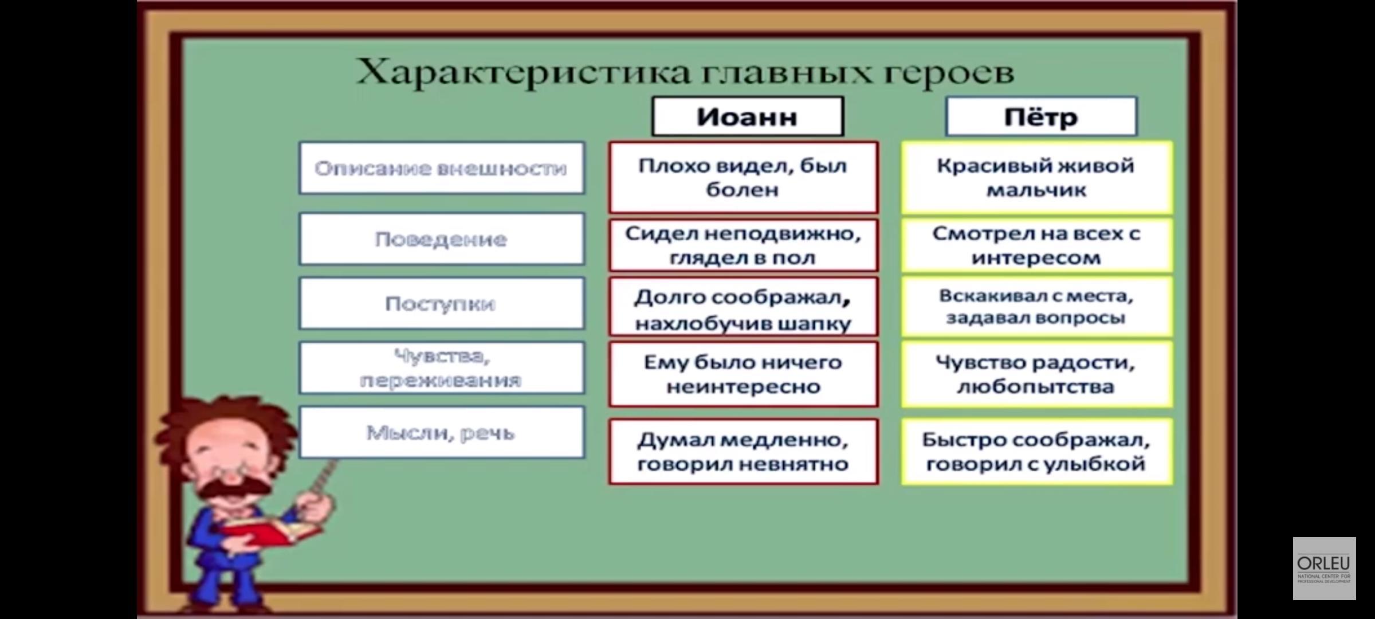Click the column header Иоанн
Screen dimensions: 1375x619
[x=747, y=117]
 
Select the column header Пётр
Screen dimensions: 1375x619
[x=1040, y=117]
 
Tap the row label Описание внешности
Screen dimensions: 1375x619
[x=441, y=169]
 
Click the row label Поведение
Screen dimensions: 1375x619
[x=441, y=239]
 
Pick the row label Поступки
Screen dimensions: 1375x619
[x=441, y=304]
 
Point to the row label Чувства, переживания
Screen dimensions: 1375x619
[x=441, y=368]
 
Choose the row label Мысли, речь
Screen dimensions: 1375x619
[x=441, y=433]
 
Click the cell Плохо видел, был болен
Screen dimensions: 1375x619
[x=743, y=178]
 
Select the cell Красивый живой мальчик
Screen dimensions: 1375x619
[x=1036, y=178]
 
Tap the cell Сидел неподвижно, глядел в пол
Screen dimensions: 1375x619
[x=743, y=245]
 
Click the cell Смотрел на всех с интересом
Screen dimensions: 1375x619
[x=1036, y=245]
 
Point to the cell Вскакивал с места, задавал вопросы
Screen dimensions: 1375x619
[x=1036, y=307]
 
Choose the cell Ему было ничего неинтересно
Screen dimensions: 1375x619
[x=743, y=374]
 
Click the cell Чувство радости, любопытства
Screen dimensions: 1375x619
[x=1036, y=374]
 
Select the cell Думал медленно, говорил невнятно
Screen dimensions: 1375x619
[x=743, y=452]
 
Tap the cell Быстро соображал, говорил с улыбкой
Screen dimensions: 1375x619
[x=1036, y=452]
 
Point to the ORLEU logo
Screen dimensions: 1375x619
[x=1324, y=568]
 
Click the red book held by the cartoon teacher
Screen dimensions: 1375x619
[x=269, y=533]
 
